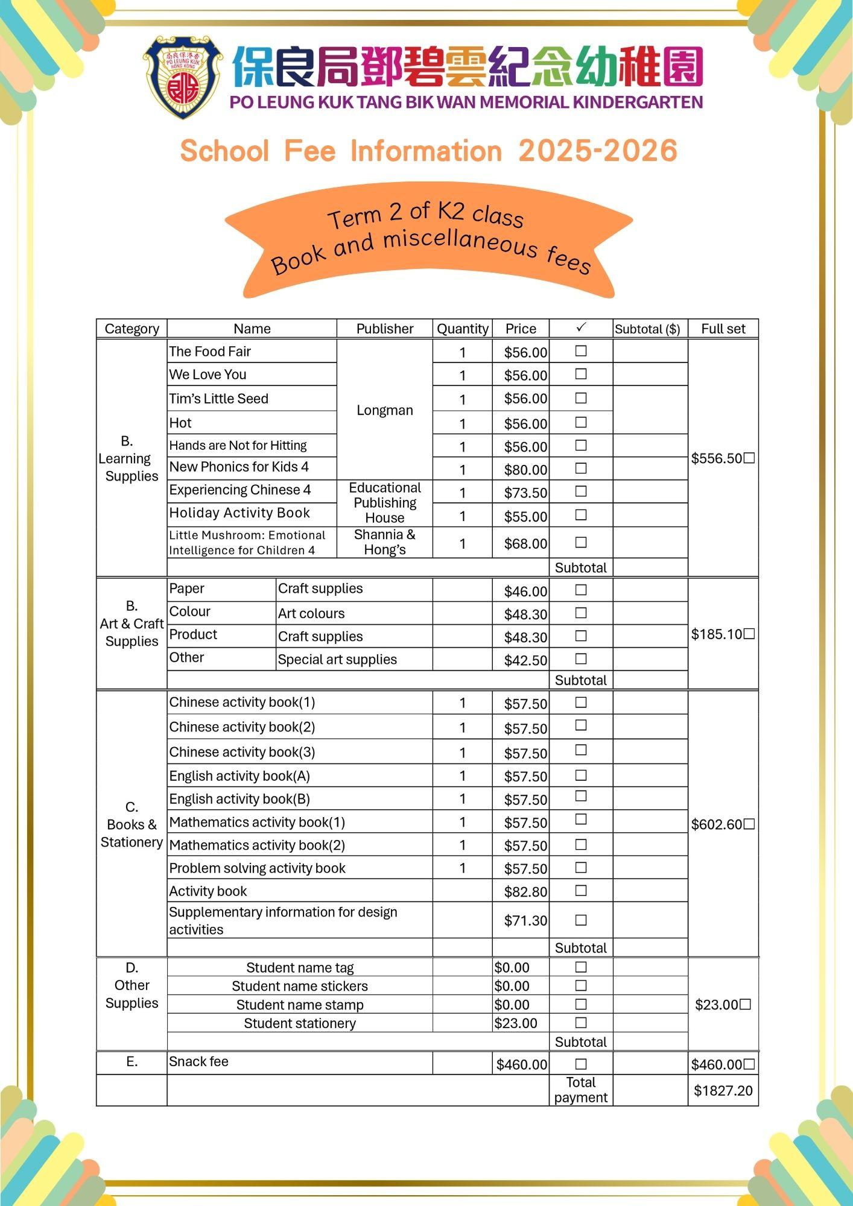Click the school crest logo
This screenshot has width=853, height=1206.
[x=183, y=76]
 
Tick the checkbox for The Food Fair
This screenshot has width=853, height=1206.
[x=581, y=351]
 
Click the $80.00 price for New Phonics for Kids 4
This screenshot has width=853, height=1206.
[x=525, y=470]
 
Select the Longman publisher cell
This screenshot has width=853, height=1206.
[x=384, y=410]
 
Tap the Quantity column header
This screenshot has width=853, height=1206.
[x=462, y=329]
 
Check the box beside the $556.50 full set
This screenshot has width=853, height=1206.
[x=749, y=458]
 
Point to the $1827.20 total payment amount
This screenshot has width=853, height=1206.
[x=723, y=1090]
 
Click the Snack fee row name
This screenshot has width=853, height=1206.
[x=198, y=1061]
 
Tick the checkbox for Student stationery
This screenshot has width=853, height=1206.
[x=581, y=1023]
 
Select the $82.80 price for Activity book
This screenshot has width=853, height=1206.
[x=525, y=892]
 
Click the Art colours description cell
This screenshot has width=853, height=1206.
[x=311, y=613]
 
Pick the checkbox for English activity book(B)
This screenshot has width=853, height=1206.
[x=581, y=797]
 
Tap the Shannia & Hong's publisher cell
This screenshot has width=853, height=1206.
[x=384, y=541]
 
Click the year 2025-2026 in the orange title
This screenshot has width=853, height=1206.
[x=597, y=151]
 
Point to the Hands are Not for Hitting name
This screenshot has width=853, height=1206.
[x=238, y=446]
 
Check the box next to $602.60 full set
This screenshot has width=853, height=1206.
[x=749, y=824]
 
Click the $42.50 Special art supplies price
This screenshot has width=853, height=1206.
[x=525, y=660]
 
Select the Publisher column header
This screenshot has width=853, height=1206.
[x=384, y=329]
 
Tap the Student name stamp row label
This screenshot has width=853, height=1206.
[x=300, y=1005]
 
